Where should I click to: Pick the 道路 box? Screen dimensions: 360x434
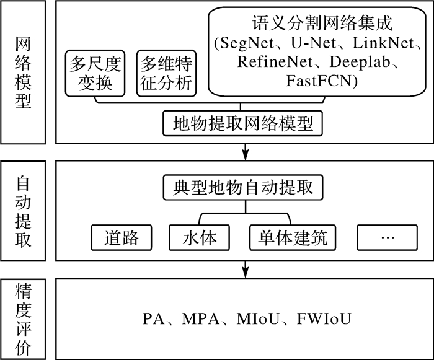tap(121, 237)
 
